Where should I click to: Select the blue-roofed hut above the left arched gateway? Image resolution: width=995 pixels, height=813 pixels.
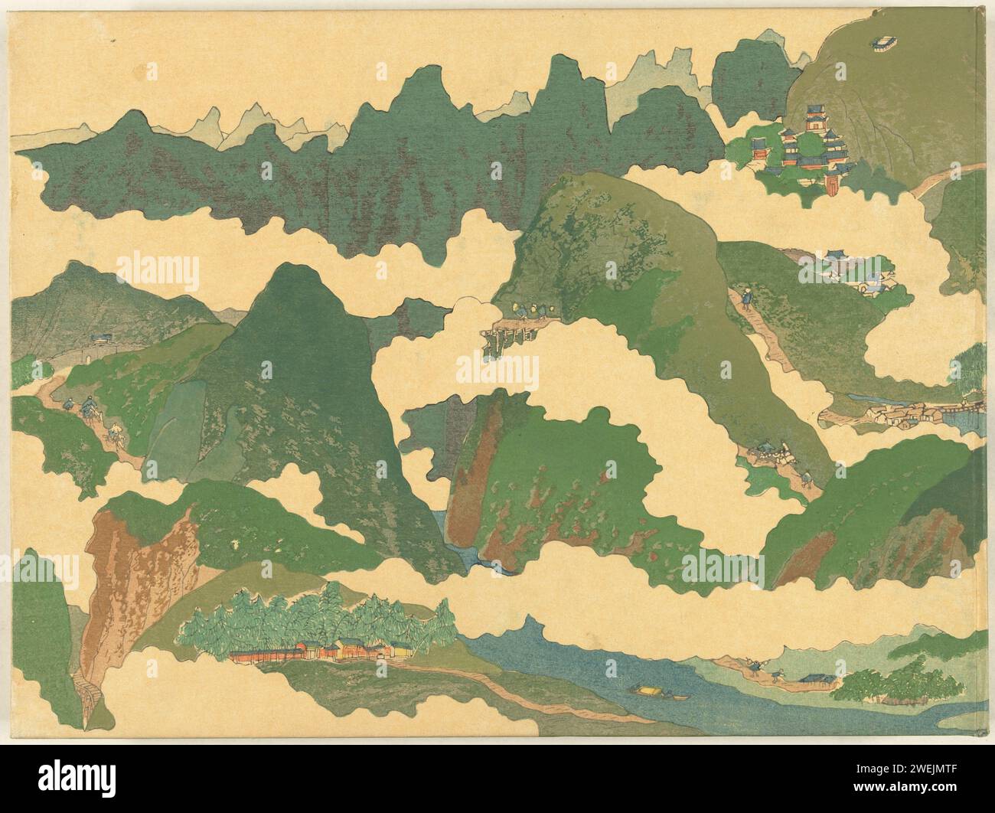100,338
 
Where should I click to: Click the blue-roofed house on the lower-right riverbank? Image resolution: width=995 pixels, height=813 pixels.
814,678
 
